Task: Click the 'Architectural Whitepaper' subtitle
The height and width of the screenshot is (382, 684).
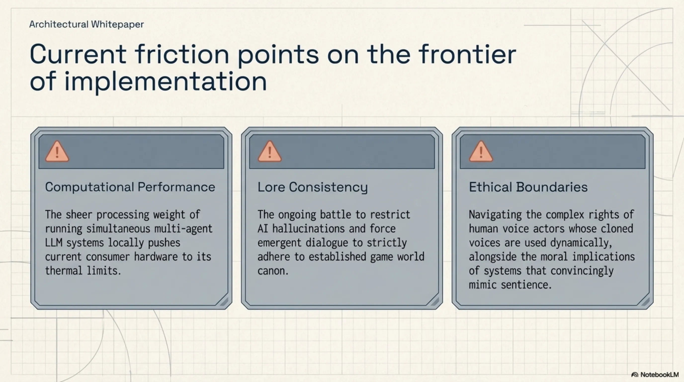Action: click(86, 24)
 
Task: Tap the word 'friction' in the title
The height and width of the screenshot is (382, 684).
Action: click(182, 54)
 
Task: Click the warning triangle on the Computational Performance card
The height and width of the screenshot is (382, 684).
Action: click(57, 151)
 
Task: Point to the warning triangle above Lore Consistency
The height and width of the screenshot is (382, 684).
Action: click(269, 151)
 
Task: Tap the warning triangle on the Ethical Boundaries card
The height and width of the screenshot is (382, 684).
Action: click(481, 151)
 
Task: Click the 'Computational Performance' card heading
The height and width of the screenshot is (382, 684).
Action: click(130, 187)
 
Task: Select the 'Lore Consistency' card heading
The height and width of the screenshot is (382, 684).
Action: click(312, 187)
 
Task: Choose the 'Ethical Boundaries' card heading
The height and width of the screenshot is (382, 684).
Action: click(528, 187)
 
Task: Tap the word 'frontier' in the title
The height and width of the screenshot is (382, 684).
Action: click(468, 54)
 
